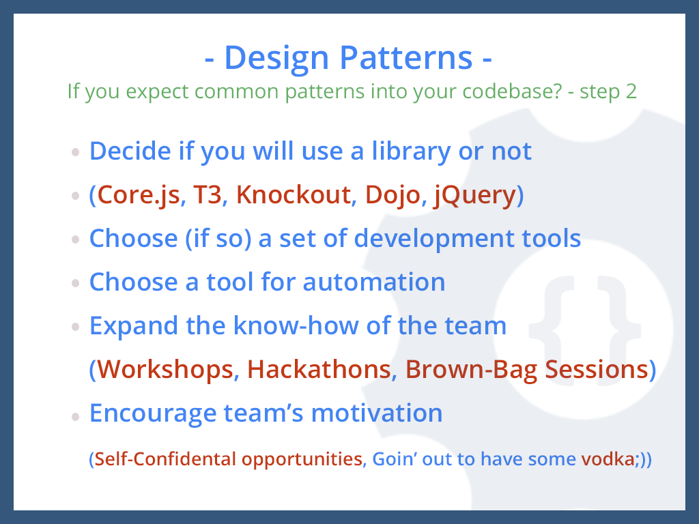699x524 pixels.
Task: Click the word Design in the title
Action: (x=276, y=59)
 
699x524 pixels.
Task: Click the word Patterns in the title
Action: (x=405, y=57)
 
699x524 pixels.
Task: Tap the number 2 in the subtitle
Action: (x=631, y=91)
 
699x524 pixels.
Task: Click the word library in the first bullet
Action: (x=411, y=151)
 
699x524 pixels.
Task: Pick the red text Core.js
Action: (x=138, y=196)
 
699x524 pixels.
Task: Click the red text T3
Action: (x=208, y=195)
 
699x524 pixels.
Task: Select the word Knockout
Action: (x=294, y=194)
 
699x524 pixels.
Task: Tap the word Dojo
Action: (x=393, y=196)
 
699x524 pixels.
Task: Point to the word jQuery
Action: (x=475, y=196)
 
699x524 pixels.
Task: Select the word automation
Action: (x=374, y=282)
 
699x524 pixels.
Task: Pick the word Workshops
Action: (x=165, y=370)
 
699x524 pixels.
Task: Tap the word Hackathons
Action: (x=319, y=369)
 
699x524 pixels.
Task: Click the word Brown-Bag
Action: (x=471, y=370)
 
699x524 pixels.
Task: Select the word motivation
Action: (x=377, y=413)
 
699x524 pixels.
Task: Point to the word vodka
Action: (x=608, y=459)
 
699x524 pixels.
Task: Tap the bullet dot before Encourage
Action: (x=75, y=417)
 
